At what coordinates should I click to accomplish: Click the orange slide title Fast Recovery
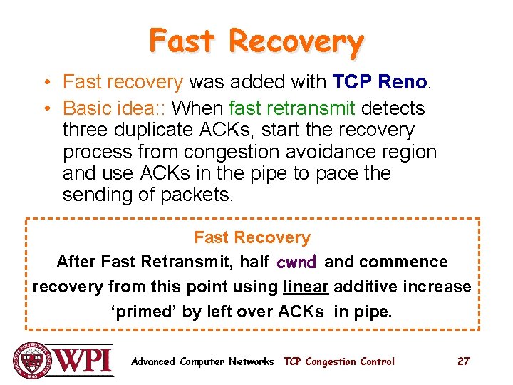[x=256, y=41]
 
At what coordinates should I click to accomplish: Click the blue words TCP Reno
[x=379, y=83]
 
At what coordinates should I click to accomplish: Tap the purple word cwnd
[x=296, y=262]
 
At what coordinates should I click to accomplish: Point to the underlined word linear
[x=306, y=287]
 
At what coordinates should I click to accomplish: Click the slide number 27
[x=463, y=361]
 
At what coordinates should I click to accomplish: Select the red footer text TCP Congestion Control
[x=338, y=361]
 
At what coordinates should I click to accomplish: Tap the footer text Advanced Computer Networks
[x=202, y=361]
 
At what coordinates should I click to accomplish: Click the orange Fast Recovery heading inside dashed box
[x=252, y=237]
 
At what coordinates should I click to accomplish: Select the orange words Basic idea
[x=107, y=108]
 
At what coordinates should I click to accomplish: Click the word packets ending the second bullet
[x=196, y=195]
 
